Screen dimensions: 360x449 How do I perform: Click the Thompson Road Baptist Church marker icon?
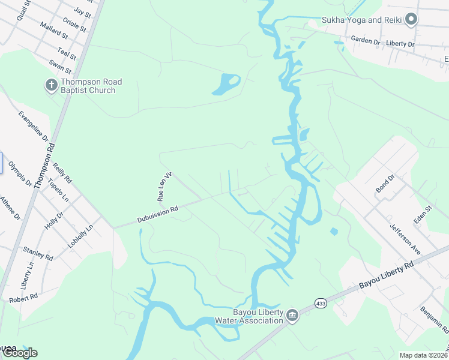click(x=51, y=85)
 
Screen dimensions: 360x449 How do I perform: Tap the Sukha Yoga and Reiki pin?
click(x=411, y=20)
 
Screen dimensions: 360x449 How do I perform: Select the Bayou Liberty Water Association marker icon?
click(x=292, y=315)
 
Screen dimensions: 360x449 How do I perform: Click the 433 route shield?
click(x=321, y=304)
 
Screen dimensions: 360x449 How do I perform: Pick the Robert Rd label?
click(x=23, y=297)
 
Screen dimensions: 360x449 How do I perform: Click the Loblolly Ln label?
click(x=80, y=238)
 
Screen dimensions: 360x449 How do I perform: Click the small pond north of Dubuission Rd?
click(x=226, y=84)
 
